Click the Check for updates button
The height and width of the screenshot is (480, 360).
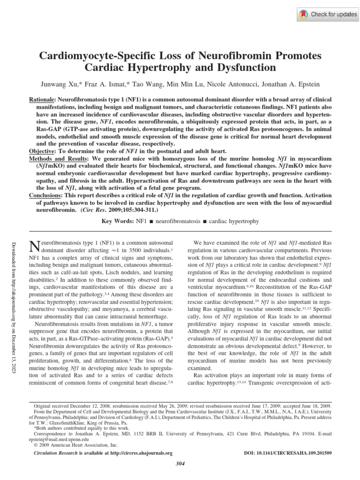pyautogui.click(x=328, y=14)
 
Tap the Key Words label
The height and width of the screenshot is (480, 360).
pyautogui.click(x=118, y=221)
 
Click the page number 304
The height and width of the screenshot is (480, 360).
pyautogui.click(x=180, y=464)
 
